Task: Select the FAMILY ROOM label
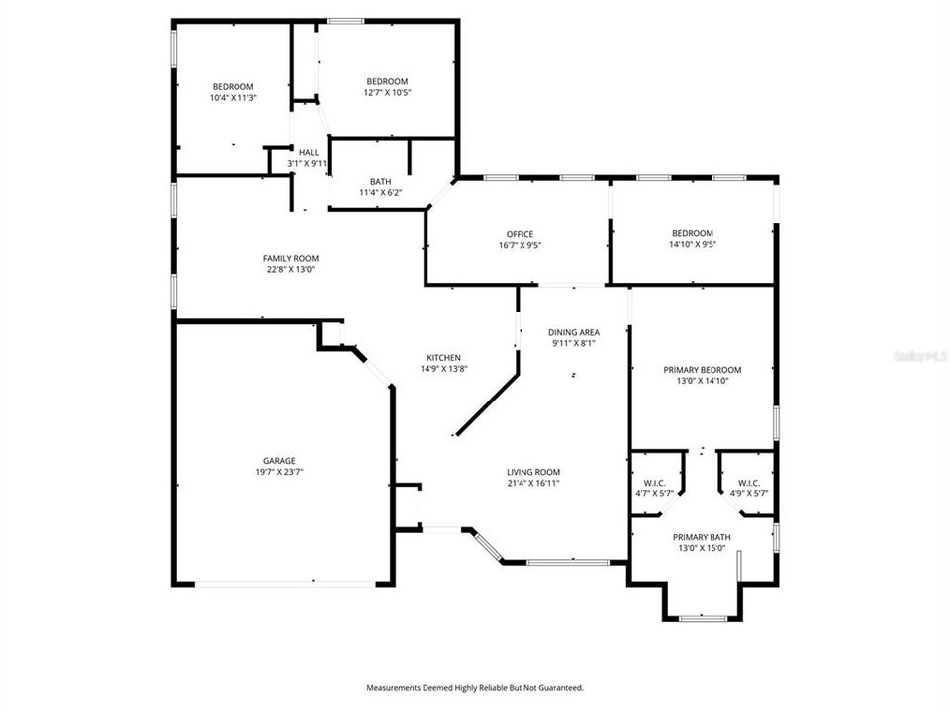(290, 258)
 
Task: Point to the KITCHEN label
(443, 357)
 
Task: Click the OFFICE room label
(520, 234)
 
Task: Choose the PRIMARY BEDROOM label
(702, 370)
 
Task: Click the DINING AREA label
(575, 332)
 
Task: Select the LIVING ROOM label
(533, 472)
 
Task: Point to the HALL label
(309, 152)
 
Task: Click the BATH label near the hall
(380, 181)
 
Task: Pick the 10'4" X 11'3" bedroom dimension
(233, 98)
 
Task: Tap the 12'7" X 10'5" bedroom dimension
(387, 92)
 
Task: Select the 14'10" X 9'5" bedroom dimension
(692, 244)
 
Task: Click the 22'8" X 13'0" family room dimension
(290, 269)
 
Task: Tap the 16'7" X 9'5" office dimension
(520, 245)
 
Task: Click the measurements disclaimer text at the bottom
(475, 687)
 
